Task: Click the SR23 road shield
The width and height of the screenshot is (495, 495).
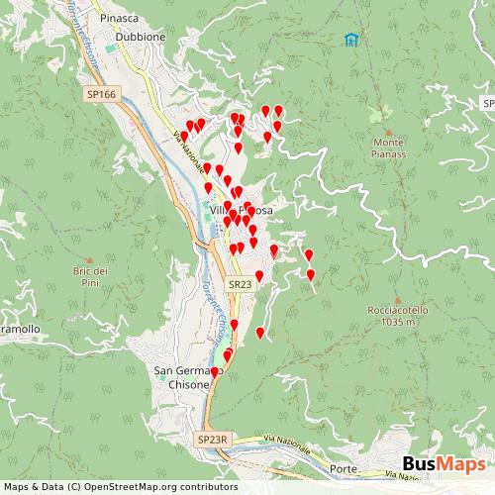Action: pos(239,284)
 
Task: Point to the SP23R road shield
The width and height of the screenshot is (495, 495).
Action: pos(213,439)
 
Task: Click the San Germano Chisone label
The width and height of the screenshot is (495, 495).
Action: pos(182,377)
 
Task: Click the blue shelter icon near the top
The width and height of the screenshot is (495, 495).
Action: pos(350,40)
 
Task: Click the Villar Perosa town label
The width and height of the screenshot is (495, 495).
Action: pos(241,210)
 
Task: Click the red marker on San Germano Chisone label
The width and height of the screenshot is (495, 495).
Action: pos(215,372)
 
